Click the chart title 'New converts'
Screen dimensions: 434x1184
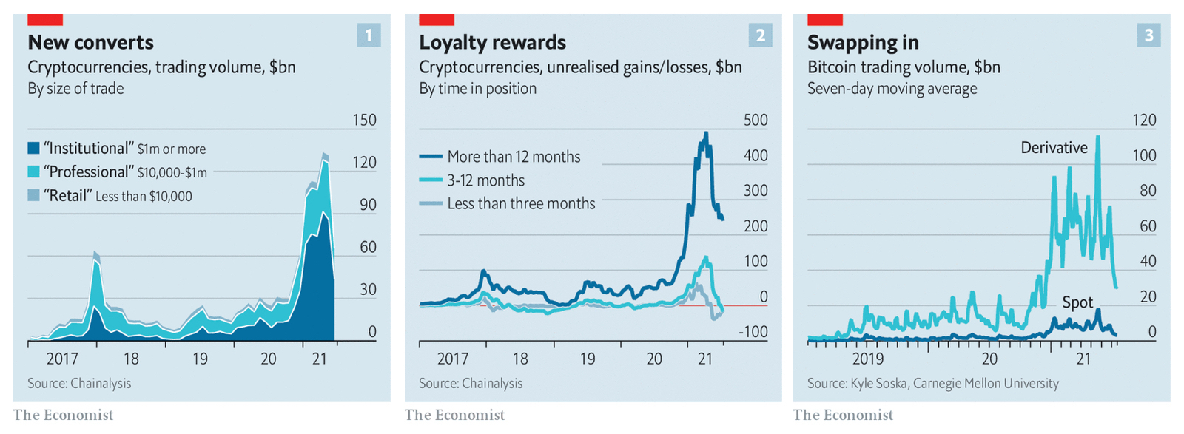pyautogui.click(x=90, y=42)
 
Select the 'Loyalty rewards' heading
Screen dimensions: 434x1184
pyautogui.click(x=492, y=42)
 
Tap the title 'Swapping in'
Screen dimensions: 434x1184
pyautogui.click(x=863, y=42)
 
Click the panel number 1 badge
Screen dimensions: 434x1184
pyautogui.click(x=369, y=35)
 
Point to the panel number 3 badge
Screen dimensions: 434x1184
pyautogui.click(x=1148, y=35)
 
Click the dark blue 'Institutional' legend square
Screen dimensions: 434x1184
pyautogui.click(x=33, y=148)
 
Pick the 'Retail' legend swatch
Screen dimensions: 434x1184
pyautogui.click(x=33, y=195)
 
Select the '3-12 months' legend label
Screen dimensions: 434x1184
pyautogui.click(x=485, y=180)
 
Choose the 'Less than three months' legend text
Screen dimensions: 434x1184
pyautogui.click(x=521, y=203)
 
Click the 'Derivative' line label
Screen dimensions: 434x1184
pyautogui.click(x=1054, y=147)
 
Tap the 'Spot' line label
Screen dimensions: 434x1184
pyautogui.click(x=1077, y=302)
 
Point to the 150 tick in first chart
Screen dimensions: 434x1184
pyautogui.click(x=364, y=120)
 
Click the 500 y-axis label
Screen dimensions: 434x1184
pyautogui.click(x=756, y=120)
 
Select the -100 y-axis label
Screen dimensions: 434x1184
pyautogui.click(x=753, y=332)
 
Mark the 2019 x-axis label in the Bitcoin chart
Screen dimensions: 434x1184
pyautogui.click(x=868, y=359)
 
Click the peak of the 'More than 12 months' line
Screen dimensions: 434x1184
pyautogui.click(x=706, y=134)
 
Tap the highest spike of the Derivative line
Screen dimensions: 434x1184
pyautogui.click(x=1097, y=137)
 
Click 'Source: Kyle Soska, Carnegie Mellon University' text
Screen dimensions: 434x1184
pyautogui.click(x=932, y=383)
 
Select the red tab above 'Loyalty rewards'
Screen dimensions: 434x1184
pyautogui.click(x=436, y=19)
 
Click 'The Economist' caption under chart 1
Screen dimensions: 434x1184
pyautogui.click(x=63, y=415)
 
